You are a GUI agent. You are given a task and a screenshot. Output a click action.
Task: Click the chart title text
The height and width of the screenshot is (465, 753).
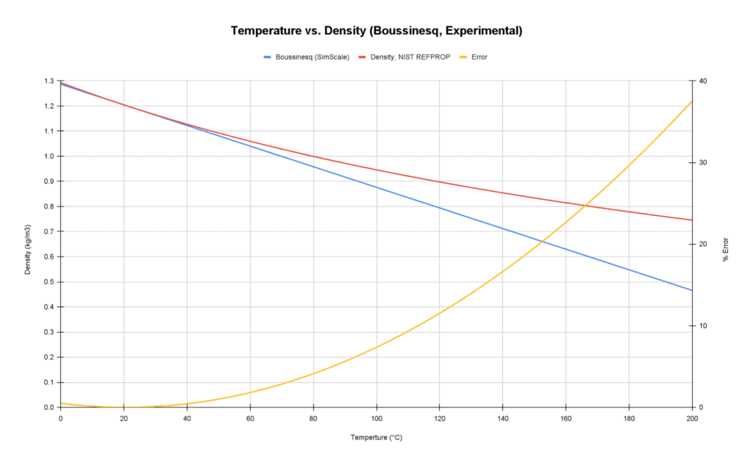tap(376, 31)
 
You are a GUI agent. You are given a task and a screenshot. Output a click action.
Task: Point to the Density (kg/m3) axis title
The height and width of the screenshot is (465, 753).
tap(28, 244)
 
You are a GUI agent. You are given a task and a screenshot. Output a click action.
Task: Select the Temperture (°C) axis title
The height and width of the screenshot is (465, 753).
tap(376, 437)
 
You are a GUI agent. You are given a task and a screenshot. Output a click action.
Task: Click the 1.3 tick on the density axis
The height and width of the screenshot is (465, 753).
tap(48, 81)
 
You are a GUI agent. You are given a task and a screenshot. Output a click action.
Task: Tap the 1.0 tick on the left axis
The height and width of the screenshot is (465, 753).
tap(48, 156)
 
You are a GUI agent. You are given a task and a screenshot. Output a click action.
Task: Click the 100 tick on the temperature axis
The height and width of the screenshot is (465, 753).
tap(376, 418)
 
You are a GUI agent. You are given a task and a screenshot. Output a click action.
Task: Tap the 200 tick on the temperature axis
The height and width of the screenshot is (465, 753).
tap(692, 418)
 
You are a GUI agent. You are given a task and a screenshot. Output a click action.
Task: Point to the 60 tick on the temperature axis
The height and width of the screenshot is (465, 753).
tap(250, 418)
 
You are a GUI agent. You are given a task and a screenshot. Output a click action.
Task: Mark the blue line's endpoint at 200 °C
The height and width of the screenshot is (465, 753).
tap(692, 290)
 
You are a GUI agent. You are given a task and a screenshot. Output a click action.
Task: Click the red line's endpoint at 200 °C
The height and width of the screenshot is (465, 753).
tap(692, 220)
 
